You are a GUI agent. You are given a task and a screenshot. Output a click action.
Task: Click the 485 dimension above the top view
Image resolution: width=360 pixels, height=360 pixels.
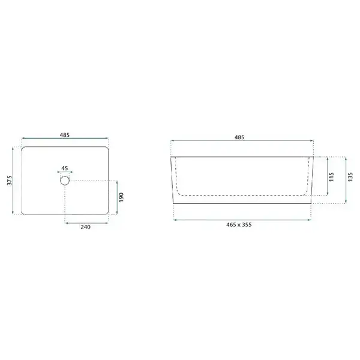(x=65, y=135)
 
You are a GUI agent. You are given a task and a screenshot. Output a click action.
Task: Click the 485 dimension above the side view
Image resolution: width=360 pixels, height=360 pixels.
(x=239, y=137)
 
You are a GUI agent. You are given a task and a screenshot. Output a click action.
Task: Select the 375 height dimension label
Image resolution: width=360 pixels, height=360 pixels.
(x=10, y=181)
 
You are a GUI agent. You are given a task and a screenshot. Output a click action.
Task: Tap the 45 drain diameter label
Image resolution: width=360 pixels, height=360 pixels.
(x=65, y=168)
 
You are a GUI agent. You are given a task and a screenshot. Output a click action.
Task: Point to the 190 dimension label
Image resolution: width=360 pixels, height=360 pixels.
(x=121, y=197)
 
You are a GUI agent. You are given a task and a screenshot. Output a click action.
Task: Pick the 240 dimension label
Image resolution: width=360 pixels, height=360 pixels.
(x=85, y=227)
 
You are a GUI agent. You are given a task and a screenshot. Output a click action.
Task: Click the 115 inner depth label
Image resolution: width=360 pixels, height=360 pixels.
(x=331, y=177)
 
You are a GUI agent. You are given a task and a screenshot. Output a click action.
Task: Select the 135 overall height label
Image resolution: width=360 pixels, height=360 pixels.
(x=350, y=177)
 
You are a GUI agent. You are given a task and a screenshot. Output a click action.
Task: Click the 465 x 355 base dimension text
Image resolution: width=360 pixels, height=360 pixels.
(x=239, y=225)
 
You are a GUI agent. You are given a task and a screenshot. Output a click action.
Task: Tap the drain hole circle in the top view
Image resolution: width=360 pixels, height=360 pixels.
(x=65, y=176)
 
